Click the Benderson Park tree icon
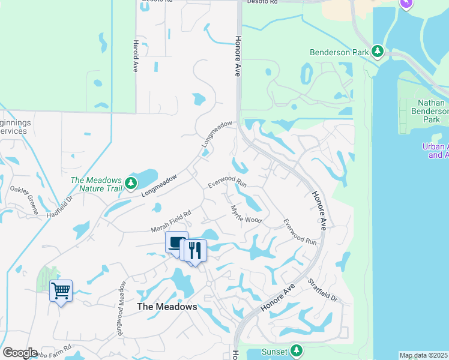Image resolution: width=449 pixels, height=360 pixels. pyautogui.click(x=378, y=52)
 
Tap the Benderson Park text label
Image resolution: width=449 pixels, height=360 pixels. pyautogui.click(x=339, y=52)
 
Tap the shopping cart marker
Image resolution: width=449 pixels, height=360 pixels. pyautogui.click(x=61, y=291)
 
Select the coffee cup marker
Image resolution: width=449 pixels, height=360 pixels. pyautogui.click(x=176, y=242)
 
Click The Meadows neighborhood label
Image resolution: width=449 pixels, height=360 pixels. pyautogui.click(x=167, y=307)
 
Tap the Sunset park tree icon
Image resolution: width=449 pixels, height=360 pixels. pyautogui.click(x=296, y=351)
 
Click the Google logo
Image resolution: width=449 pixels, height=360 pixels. pyautogui.click(x=20, y=353)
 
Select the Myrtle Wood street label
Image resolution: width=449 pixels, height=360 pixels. pyautogui.click(x=246, y=214)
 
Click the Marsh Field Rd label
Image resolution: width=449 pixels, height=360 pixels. pyautogui.click(x=171, y=221)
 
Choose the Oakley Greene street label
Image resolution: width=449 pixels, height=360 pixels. pyautogui.click(x=25, y=200)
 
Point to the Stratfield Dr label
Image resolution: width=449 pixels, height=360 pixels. pyautogui.click(x=322, y=290)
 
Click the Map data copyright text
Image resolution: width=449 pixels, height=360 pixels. pyautogui.click(x=423, y=355)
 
